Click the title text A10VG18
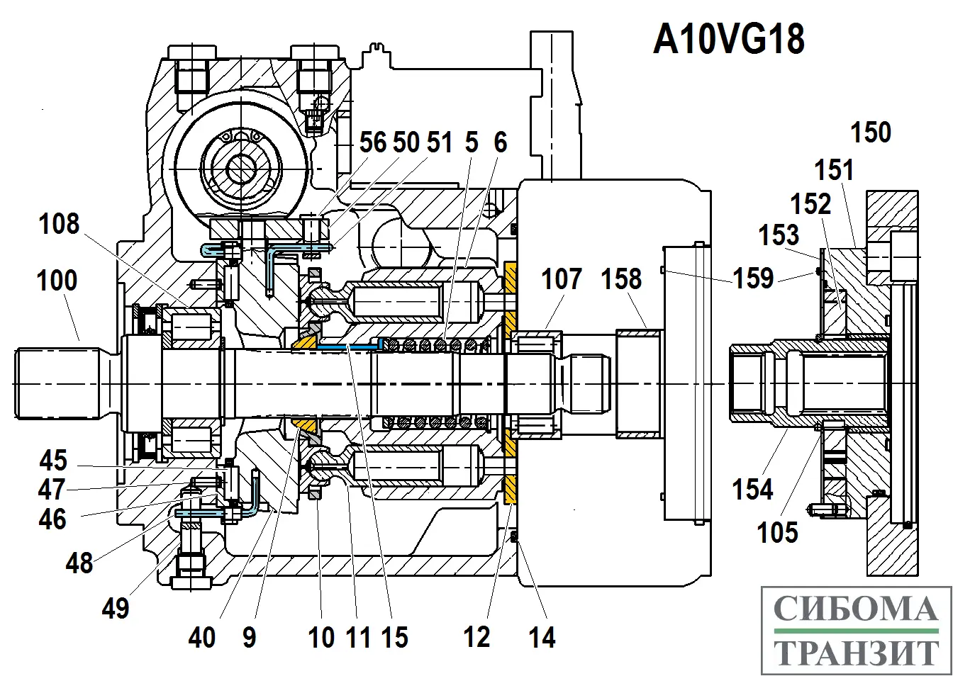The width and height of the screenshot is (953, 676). point(728,40)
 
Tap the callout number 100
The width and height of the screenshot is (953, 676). point(57,281)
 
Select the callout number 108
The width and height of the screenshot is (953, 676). point(59,225)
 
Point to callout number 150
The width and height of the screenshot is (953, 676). point(870,133)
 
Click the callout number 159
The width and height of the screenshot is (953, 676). point(752,278)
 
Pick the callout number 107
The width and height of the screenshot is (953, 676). point(562,278)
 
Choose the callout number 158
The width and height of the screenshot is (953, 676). point(621,278)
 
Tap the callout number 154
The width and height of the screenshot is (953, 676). point(752,490)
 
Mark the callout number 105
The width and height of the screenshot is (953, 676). point(777,532)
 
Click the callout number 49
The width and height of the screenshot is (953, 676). point(115,608)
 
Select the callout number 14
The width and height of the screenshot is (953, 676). point(542,638)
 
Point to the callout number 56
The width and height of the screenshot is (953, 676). point(373,142)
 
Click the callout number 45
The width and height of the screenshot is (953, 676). point(52,461)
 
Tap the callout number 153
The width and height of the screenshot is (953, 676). point(779,235)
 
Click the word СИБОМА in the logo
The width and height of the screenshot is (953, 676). point(855,609)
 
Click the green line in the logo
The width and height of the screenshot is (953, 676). point(855,631)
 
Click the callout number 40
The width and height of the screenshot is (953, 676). point(201,638)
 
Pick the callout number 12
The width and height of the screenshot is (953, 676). point(476,638)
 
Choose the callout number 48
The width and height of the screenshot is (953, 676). point(79,563)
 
